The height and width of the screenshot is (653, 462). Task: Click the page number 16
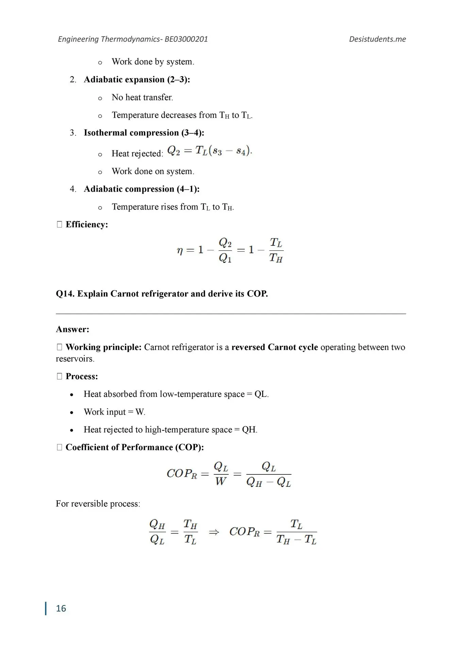(61, 608)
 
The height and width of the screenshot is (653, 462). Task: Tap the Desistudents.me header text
(377, 39)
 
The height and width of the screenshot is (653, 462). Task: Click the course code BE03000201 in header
(186, 39)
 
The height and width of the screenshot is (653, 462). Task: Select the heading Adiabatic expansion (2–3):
(137, 80)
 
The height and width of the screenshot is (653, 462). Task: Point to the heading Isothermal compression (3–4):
(144, 133)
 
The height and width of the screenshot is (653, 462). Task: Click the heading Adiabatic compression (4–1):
(142, 189)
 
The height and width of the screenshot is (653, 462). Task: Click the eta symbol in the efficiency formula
(180, 251)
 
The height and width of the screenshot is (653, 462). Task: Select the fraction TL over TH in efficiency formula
(276, 250)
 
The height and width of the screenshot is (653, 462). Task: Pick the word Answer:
(72, 329)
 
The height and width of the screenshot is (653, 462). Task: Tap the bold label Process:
(82, 376)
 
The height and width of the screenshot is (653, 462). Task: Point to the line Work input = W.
(114, 412)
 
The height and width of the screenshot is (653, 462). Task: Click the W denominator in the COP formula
(221, 482)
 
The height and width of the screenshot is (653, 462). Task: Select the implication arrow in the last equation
(214, 532)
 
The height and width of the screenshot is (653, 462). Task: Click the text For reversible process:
(98, 504)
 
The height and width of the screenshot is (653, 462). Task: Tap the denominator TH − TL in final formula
(296, 540)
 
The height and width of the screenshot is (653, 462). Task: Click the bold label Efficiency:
(86, 224)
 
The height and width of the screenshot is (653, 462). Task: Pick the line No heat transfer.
(142, 98)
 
